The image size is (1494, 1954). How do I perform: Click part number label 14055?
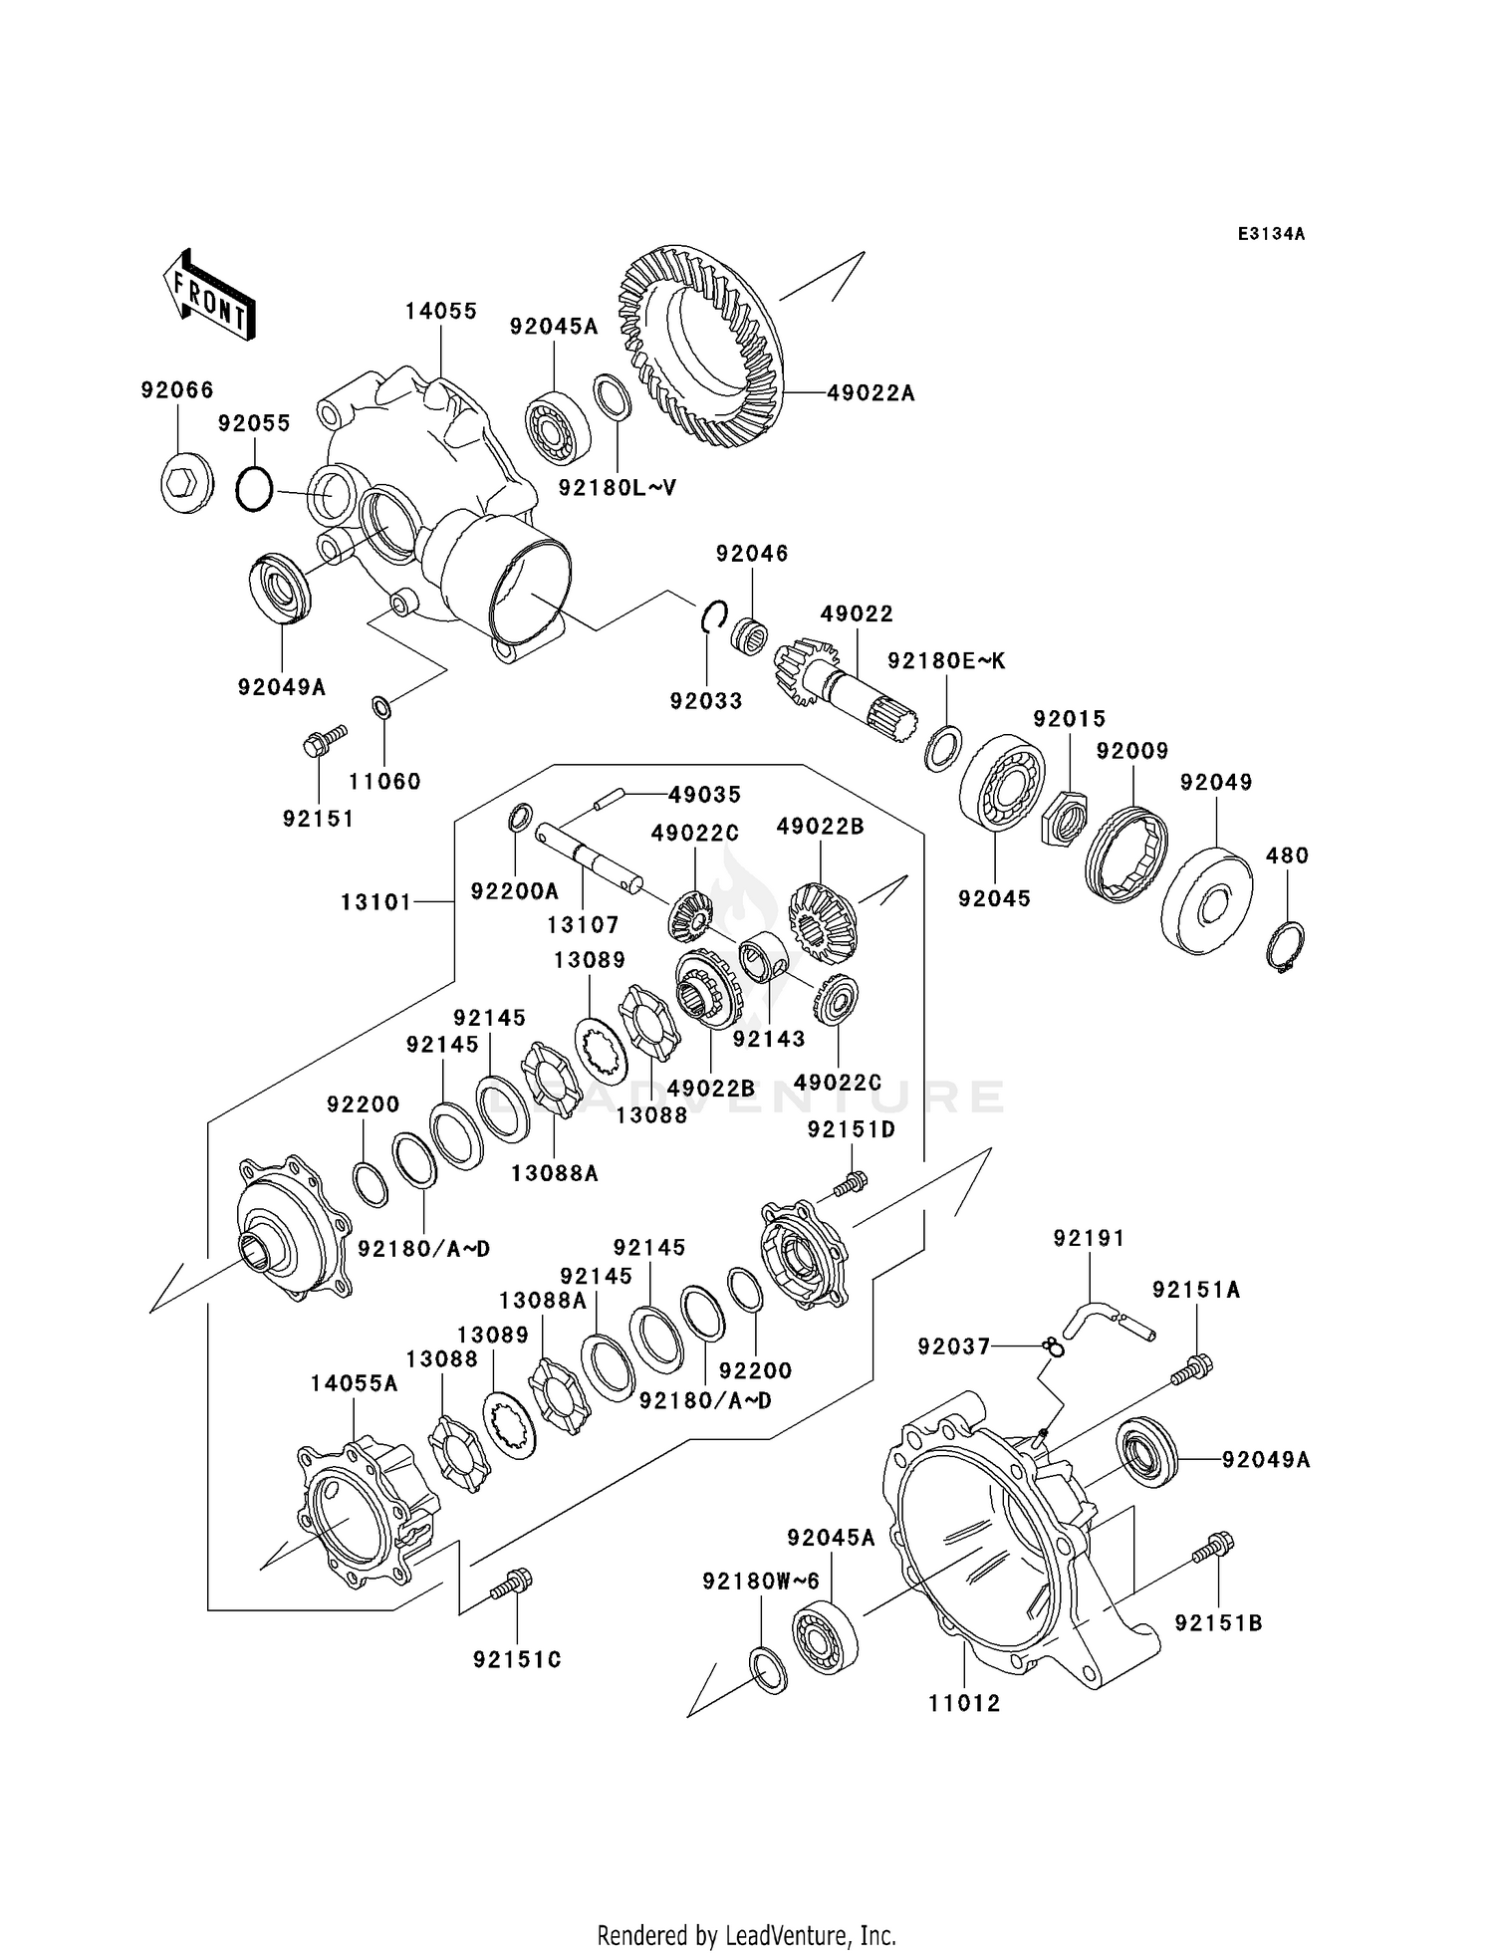[440, 311]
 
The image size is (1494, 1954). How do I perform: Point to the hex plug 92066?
[185, 484]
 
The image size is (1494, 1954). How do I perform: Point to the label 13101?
[375, 901]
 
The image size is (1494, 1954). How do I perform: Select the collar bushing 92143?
[764, 955]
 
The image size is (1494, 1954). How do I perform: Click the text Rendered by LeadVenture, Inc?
[746, 1935]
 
